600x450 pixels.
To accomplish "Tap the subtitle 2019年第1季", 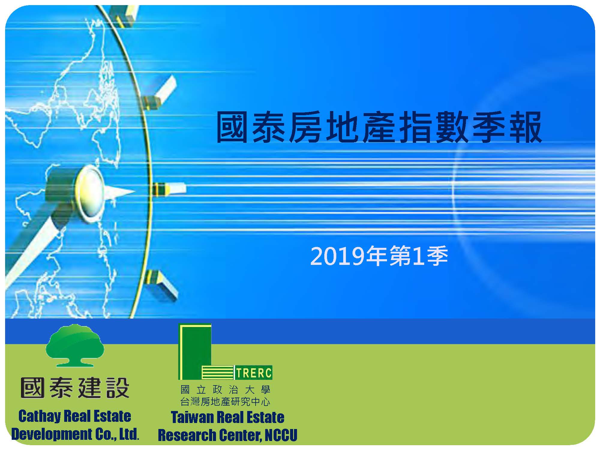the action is tap(379, 256).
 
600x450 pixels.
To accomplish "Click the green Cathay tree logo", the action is tap(75, 345).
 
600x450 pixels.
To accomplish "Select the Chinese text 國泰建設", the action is tap(75, 388).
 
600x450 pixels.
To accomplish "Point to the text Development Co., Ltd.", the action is tap(75, 434).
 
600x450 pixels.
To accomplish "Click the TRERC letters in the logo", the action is tap(254, 373).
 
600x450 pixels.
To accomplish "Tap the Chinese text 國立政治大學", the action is tap(226, 390).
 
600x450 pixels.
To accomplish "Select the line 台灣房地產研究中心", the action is tap(225, 401).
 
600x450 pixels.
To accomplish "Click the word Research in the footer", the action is tap(187, 435).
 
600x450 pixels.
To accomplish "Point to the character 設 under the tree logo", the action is tap(118, 388).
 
